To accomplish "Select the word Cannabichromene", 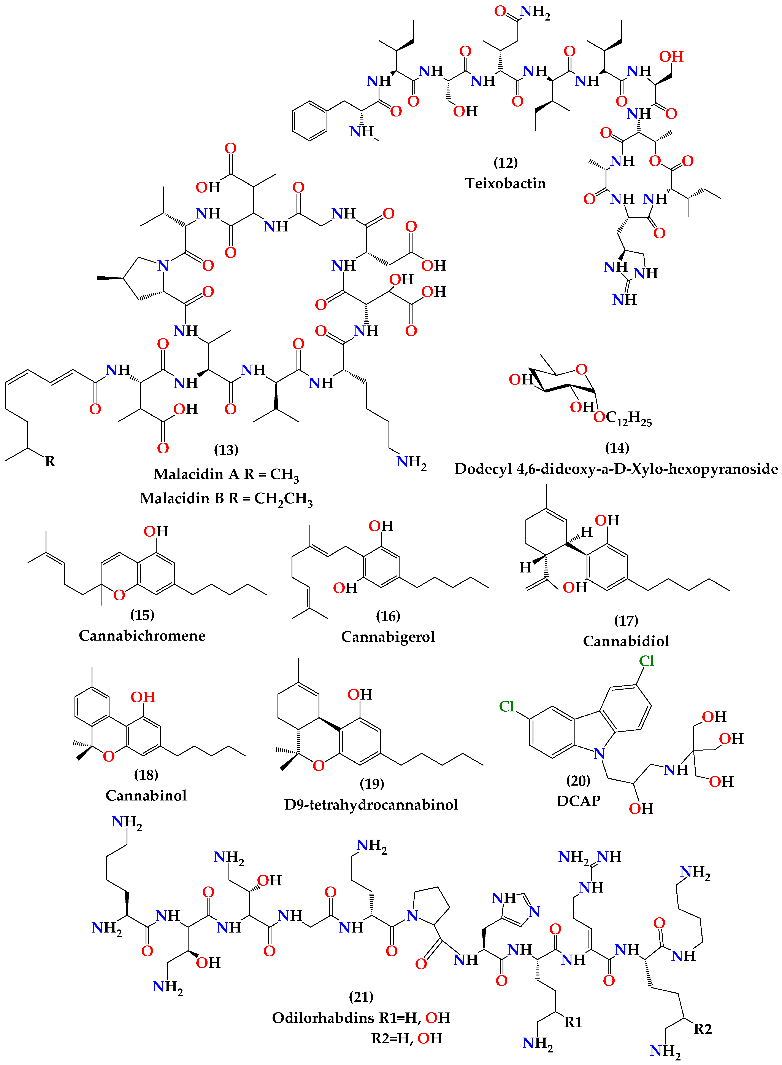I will pos(142,635).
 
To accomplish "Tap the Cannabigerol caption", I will pos(388,636).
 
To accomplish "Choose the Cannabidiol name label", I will pos(626,641).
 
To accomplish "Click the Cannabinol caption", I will pos(146,795).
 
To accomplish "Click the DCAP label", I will pos(578,801).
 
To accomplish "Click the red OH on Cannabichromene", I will pos(156,531).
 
